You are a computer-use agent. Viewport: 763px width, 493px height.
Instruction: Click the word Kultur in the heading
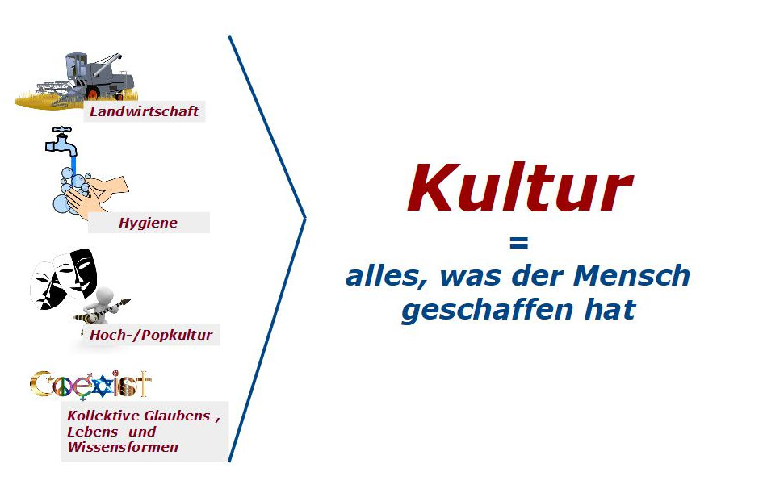(x=520, y=188)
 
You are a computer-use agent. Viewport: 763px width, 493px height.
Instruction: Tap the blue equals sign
(x=518, y=243)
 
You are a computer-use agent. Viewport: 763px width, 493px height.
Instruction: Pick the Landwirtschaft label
(x=144, y=111)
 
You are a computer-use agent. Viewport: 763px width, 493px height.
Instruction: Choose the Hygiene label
(x=148, y=224)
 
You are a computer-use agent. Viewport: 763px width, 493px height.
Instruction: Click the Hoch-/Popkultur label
(x=151, y=335)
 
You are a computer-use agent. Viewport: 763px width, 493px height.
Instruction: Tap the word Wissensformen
(x=123, y=447)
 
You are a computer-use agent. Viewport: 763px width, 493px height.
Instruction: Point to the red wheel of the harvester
(x=93, y=94)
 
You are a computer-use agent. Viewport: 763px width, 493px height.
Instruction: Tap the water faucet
(x=61, y=141)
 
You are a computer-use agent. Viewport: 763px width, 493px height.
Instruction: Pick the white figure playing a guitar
(x=103, y=307)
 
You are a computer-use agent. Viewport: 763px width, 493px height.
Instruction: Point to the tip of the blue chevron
(x=305, y=219)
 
